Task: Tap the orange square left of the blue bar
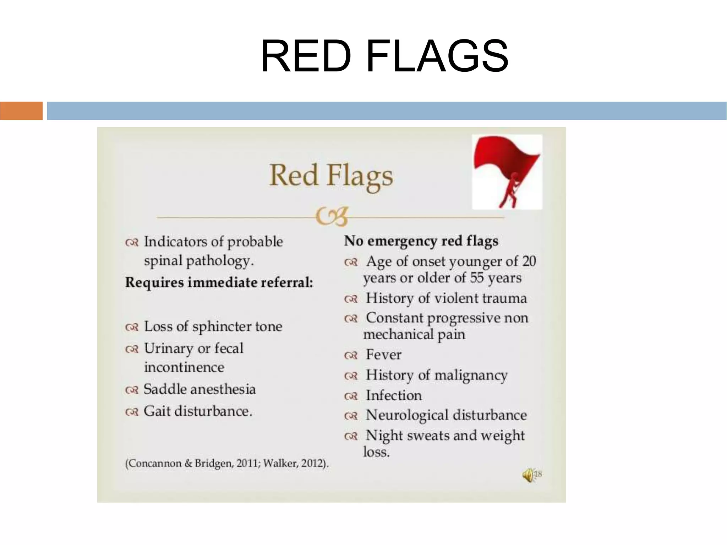point(21,110)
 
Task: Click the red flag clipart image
point(507,172)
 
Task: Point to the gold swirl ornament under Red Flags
point(331,216)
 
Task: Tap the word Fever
point(383,355)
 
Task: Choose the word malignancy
point(471,376)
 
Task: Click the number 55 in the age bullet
point(476,278)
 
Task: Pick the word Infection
point(394,395)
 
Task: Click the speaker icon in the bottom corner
point(528,475)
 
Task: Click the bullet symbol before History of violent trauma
point(351,299)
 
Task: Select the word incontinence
point(184,367)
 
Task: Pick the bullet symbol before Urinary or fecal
point(132,349)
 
